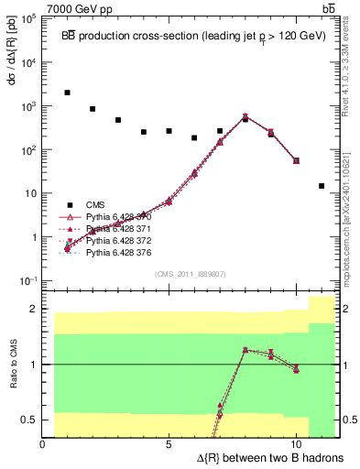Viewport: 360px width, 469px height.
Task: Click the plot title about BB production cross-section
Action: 192,36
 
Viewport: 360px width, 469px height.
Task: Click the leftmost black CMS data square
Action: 68,93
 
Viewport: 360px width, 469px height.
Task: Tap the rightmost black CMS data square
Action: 322,186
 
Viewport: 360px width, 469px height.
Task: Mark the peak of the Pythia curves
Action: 245,117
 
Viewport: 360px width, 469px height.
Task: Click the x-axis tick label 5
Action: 169,444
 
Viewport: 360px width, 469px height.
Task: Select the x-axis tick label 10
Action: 296,444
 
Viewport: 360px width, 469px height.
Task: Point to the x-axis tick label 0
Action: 43,444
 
